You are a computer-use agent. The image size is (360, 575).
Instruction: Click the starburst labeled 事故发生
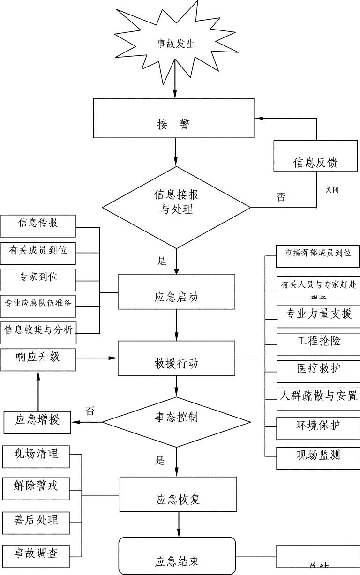(x=175, y=44)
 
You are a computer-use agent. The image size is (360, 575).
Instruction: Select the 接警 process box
(x=173, y=118)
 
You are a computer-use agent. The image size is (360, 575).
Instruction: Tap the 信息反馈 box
(x=316, y=157)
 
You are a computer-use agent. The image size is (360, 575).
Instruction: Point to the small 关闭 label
(x=332, y=190)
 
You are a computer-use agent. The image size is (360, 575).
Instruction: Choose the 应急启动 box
(x=176, y=291)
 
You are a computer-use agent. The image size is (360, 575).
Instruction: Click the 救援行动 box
(x=176, y=358)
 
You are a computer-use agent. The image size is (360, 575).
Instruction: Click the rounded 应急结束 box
(x=177, y=556)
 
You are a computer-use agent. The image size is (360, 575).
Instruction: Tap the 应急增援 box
(x=37, y=422)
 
